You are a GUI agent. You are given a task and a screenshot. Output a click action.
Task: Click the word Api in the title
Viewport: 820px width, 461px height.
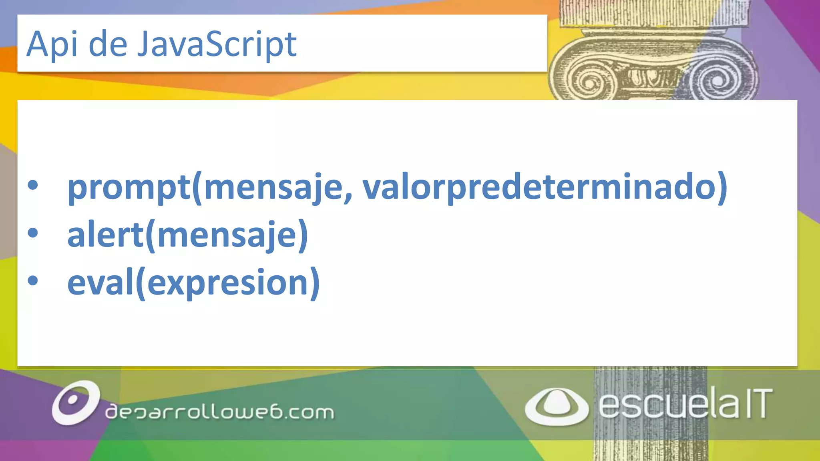point(52,44)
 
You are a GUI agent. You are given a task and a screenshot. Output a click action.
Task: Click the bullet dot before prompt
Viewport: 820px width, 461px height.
point(33,185)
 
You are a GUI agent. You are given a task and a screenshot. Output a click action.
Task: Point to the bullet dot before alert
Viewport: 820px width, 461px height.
point(33,233)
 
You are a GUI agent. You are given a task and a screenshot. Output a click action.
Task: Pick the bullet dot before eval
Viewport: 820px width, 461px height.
point(33,281)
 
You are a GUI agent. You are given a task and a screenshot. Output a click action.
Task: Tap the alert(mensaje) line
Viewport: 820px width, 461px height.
point(187,235)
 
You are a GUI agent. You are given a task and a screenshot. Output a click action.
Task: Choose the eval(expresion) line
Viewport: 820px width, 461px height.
point(193,283)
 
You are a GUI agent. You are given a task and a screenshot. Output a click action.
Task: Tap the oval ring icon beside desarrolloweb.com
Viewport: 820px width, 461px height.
point(75,402)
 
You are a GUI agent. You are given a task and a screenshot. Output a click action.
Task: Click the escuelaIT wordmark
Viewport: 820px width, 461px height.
point(685,404)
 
